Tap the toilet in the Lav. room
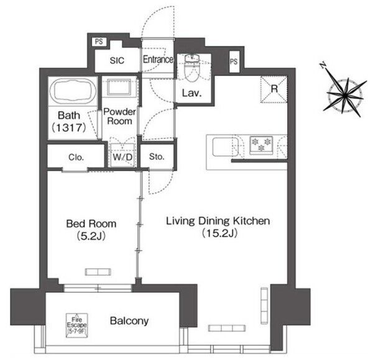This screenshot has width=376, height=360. coord(192,68)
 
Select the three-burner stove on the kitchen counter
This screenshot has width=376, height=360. coord(261,145)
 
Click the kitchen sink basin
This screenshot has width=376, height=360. coord(225,147)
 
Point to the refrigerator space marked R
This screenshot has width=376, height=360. coord(274,89)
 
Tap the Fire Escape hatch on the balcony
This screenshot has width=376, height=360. coord(76,325)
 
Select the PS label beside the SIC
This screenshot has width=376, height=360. coord(99,42)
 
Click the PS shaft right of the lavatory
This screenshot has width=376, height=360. coord(234,61)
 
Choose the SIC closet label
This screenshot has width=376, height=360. coord(117,60)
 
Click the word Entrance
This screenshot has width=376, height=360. coord(158,59)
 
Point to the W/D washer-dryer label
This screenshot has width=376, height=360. coord(122,157)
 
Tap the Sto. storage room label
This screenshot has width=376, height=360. coord(157,156)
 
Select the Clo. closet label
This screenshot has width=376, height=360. coord(76,158)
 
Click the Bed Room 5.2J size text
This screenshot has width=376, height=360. coord(91,236)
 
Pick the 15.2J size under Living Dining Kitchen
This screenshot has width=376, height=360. coord(219,233)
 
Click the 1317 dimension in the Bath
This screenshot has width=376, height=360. coord(69,128)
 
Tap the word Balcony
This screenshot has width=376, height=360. coord(129,321)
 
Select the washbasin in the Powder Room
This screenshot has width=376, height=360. coord(119,87)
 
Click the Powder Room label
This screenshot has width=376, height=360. coord(119,116)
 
